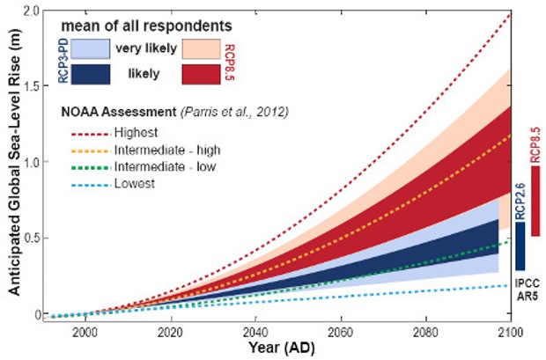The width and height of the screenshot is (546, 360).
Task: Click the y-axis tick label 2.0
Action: click(32, 11)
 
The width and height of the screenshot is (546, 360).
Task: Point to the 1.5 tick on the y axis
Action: click(32, 86)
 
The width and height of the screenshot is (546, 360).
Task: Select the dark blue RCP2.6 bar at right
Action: click(520, 246)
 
